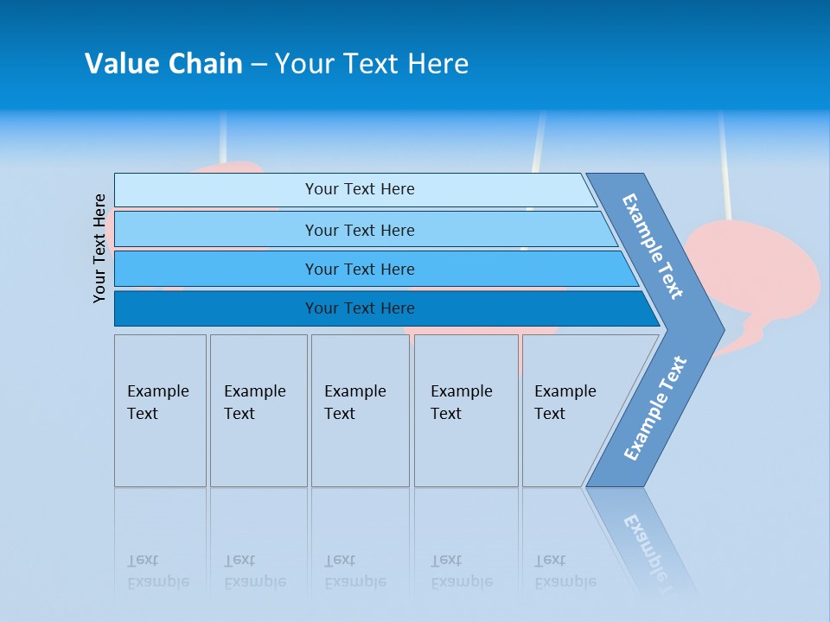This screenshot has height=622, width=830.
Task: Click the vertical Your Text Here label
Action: (x=99, y=248)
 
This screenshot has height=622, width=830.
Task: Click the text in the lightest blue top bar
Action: (x=360, y=189)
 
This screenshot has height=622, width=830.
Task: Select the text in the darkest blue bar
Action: (x=360, y=308)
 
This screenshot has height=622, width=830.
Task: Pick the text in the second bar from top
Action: (x=360, y=230)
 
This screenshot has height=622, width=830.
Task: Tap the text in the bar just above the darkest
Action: (x=360, y=270)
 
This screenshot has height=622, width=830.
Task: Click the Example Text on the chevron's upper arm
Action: (x=653, y=246)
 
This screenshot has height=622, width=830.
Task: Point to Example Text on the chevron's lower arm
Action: (x=655, y=409)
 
